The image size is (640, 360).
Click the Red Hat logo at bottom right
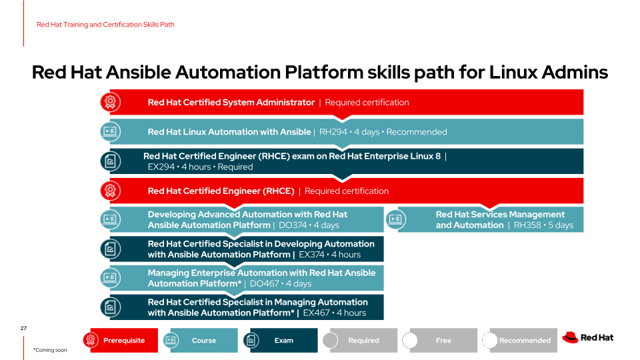(587, 337)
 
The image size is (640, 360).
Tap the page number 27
(23, 328)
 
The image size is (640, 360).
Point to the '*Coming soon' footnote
(50, 349)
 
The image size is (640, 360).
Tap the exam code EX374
(313, 255)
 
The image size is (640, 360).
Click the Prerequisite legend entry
(124, 340)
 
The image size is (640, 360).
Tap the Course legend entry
(203, 340)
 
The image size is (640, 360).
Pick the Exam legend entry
(283, 340)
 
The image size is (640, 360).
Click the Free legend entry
(443, 340)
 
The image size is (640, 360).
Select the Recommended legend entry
(524, 340)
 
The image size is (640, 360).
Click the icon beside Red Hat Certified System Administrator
(110, 102)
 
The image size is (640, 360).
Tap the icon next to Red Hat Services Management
(397, 219)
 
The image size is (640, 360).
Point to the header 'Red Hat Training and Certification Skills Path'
(105, 25)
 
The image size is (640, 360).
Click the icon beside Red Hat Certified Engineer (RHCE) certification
(110, 191)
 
